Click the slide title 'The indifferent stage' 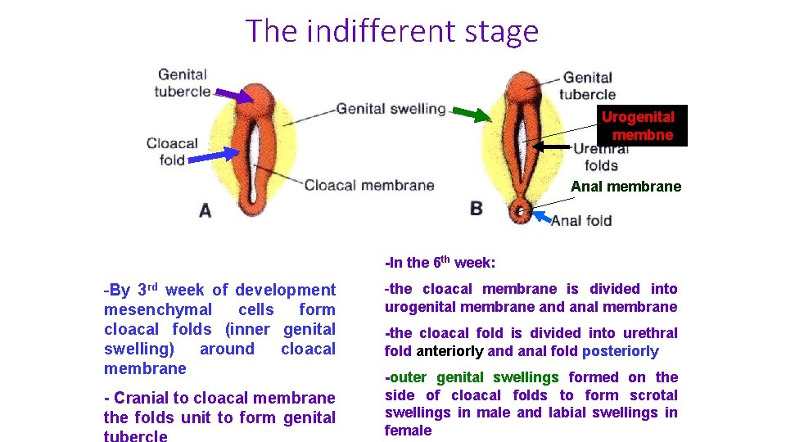coord(392,31)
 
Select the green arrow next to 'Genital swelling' coord(471,115)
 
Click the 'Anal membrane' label coord(626,187)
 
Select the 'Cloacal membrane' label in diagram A coord(369,185)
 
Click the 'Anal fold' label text coord(581,220)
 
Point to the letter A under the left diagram coord(205,210)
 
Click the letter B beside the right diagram coord(477,209)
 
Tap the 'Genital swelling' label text coord(391,108)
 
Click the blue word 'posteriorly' coord(620,351)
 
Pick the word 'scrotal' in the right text coord(654,395)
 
